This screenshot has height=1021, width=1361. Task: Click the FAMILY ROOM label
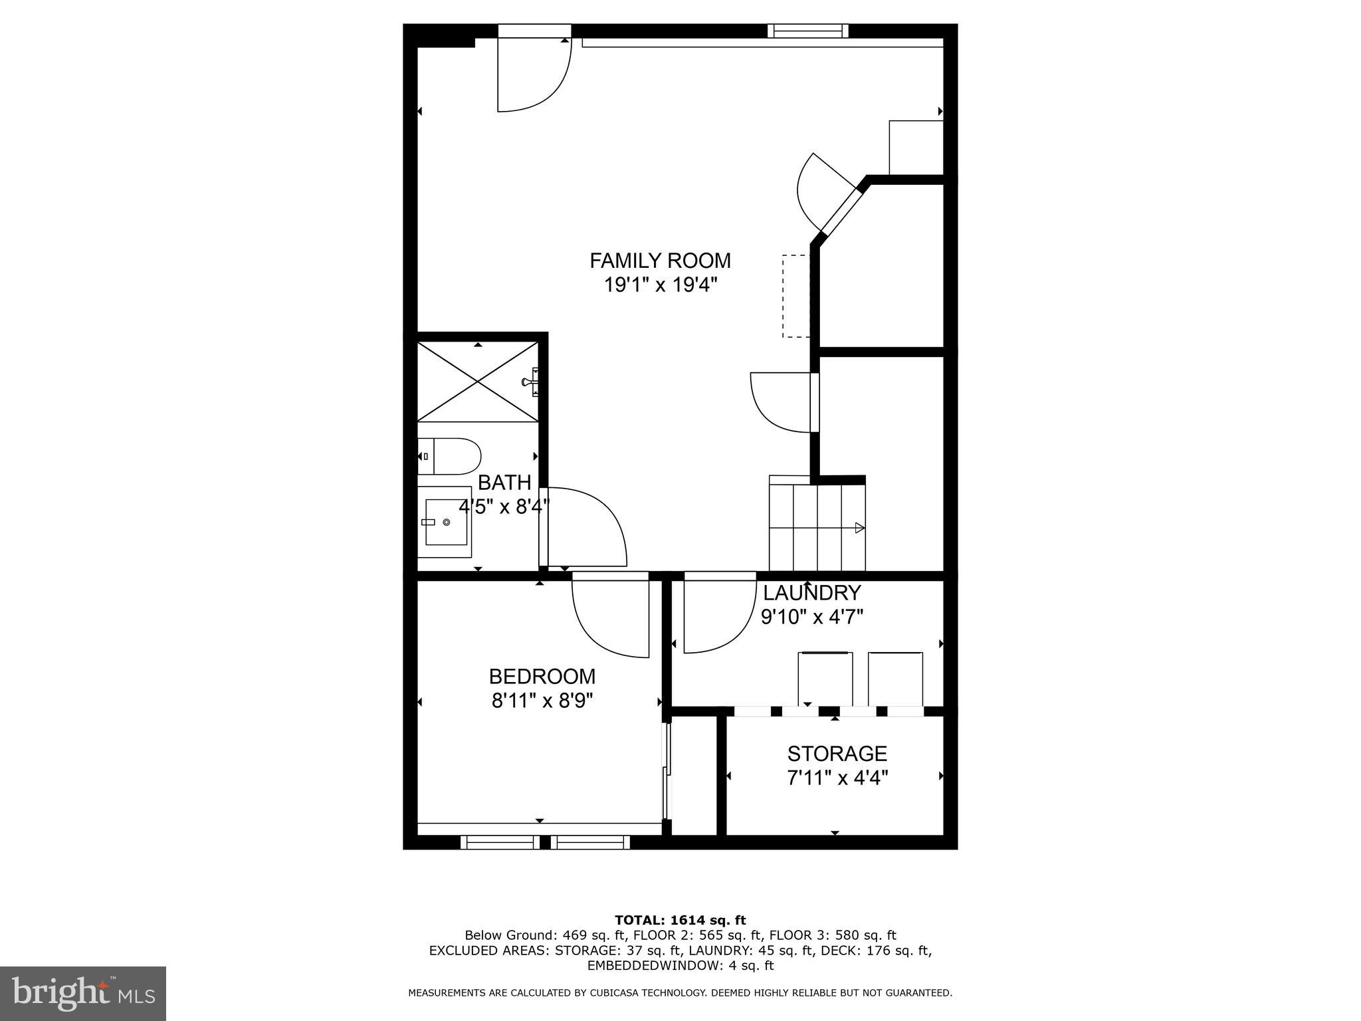pos(660,260)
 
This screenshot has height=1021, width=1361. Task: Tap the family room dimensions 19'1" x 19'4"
pos(660,285)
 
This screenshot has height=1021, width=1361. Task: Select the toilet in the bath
pos(449,456)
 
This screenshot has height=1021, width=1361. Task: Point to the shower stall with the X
pos(477,382)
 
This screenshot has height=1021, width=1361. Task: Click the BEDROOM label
pos(542,676)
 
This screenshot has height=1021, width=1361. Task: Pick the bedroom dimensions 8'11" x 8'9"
pos(542,701)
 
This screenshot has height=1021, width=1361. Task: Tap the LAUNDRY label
pos(811,592)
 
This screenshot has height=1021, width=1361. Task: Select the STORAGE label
pos(837,753)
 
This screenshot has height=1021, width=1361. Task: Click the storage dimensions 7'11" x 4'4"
pos(837,777)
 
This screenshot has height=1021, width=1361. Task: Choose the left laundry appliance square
pos(825,678)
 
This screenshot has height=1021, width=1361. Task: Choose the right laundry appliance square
pos(895,678)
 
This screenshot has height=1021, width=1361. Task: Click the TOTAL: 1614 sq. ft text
pos(680,920)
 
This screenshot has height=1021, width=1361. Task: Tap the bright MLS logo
pos(82,994)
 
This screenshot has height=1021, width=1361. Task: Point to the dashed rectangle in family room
pos(795,296)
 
